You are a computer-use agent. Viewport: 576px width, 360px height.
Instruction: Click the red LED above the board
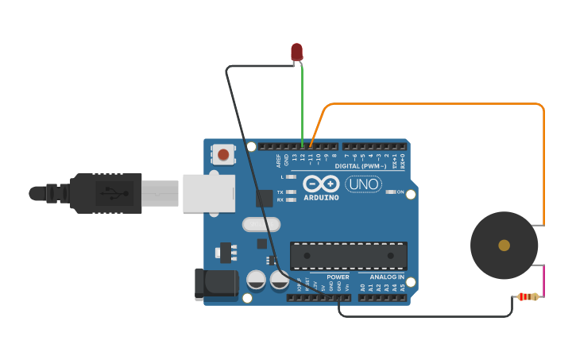click(x=296, y=52)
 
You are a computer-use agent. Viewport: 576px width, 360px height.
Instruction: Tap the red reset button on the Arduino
click(x=223, y=154)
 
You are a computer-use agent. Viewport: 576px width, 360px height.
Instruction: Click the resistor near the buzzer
click(x=528, y=297)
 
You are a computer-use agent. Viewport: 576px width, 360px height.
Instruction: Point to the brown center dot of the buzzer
click(x=504, y=245)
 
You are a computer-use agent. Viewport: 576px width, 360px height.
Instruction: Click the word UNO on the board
click(x=363, y=184)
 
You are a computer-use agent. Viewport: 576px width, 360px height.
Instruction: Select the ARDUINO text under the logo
click(x=321, y=197)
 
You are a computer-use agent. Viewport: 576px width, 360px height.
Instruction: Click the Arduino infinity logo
click(x=321, y=183)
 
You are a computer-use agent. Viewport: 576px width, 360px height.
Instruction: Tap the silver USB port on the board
click(x=209, y=193)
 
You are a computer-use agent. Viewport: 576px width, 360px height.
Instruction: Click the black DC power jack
click(x=216, y=285)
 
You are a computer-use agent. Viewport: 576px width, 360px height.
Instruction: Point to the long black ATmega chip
click(x=348, y=256)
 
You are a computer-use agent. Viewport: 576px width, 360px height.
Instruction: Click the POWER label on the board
click(x=338, y=277)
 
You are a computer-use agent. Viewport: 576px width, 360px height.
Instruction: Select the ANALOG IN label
click(x=387, y=277)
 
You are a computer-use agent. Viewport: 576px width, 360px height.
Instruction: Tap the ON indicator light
click(x=390, y=192)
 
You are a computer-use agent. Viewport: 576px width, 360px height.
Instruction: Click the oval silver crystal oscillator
click(x=261, y=225)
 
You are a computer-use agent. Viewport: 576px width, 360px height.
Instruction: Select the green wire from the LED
click(x=302, y=103)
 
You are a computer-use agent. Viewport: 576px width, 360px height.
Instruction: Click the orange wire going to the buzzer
click(x=437, y=103)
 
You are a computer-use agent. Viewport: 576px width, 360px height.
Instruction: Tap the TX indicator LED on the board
click(x=291, y=192)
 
